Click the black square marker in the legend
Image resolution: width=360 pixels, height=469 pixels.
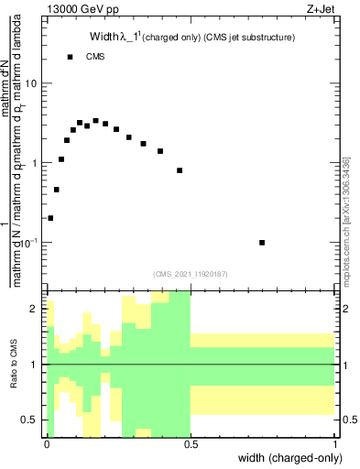[71, 57]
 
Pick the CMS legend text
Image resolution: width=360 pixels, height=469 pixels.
[95, 57]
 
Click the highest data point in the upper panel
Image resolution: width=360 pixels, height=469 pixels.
[95, 121]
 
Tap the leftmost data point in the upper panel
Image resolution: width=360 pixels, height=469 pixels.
[50, 218]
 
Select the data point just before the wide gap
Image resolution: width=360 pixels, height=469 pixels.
[180, 170]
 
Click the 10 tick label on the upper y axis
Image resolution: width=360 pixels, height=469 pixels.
[31, 83]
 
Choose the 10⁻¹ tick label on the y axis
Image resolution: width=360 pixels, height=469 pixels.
[29, 242]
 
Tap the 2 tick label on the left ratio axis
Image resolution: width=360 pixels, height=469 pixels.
[36, 310]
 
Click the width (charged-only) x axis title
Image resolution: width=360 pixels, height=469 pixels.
[287, 458]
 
